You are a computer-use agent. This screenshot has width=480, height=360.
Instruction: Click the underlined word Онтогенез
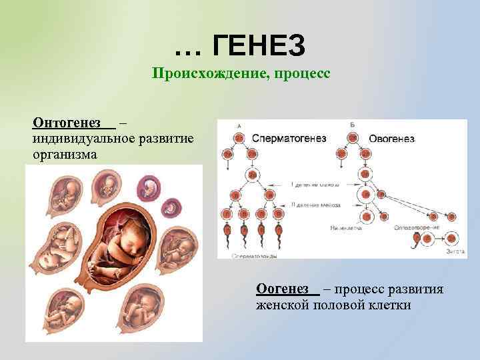coord(67,123)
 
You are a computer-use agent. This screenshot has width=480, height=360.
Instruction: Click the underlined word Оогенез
coord(282,289)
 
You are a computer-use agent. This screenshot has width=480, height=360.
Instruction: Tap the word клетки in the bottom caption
coord(388,305)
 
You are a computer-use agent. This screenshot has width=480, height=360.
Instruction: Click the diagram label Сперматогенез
coord(289,139)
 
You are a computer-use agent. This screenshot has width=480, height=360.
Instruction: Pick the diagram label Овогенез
coord(391,139)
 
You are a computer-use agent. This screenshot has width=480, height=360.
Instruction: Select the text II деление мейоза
coord(313,204)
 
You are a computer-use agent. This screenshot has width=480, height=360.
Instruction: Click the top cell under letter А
coord(239,138)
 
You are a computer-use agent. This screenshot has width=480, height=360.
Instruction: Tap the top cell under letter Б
coord(351,138)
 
